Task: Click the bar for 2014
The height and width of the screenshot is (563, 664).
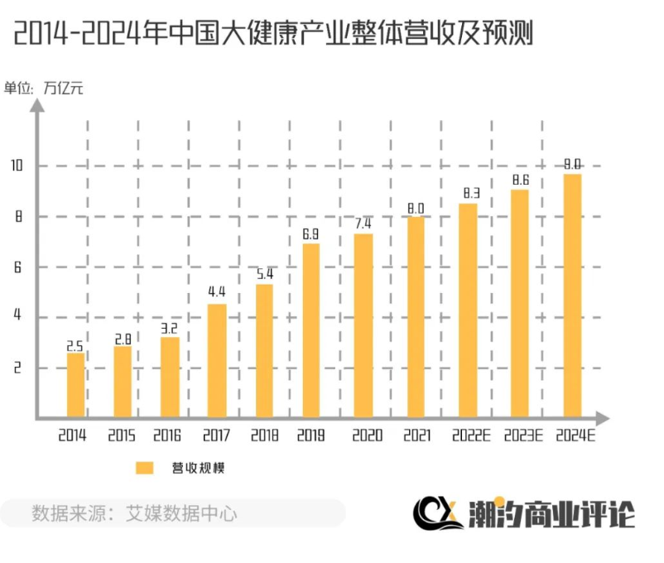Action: pos(75,385)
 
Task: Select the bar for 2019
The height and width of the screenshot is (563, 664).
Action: pos(310,330)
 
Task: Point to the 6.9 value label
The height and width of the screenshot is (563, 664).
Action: pos(310,235)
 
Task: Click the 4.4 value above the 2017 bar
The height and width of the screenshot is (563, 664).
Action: pos(216,292)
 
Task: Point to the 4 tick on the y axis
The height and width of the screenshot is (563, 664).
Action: pos(17,317)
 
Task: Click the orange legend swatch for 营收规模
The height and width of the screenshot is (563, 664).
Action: pos(145,468)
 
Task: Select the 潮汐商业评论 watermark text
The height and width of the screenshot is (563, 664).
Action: pos(550,513)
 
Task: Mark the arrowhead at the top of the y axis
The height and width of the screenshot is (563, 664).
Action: pos(37,110)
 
